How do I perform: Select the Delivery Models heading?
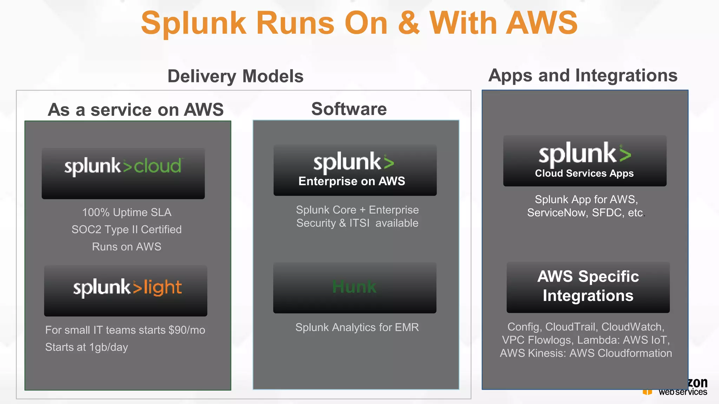click(x=235, y=76)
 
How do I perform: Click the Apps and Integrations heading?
click(x=583, y=75)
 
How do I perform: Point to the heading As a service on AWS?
click(x=136, y=109)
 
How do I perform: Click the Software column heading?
click(x=349, y=109)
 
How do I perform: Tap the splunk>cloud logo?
click(x=123, y=166)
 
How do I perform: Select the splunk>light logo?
click(x=127, y=288)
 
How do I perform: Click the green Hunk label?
click(x=354, y=287)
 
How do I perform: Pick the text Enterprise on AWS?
click(x=352, y=181)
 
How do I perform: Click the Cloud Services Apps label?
click(x=584, y=173)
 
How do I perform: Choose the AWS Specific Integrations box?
click(x=588, y=287)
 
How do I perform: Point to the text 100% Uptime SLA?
click(x=127, y=212)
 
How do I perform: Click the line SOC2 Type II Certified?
click(x=127, y=229)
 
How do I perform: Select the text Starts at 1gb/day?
click(x=86, y=347)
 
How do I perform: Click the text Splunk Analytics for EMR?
click(x=357, y=327)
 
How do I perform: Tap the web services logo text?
click(x=682, y=392)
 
